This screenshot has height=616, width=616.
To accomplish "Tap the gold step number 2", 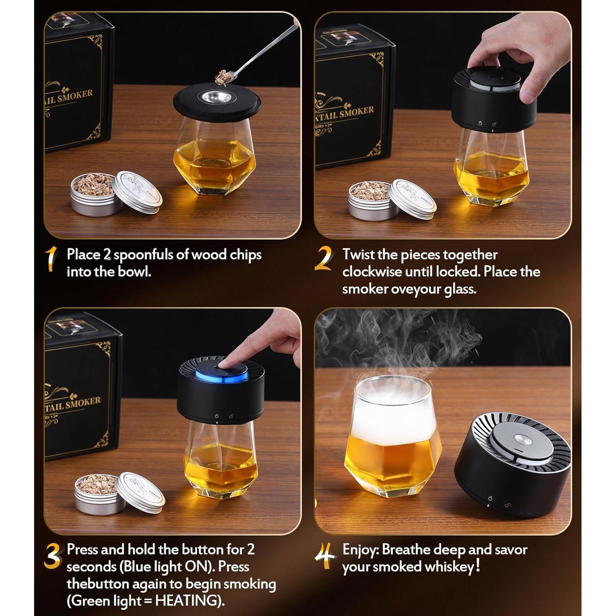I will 324,259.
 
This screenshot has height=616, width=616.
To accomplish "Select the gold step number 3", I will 52,556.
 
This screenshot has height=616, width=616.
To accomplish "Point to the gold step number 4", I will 324,556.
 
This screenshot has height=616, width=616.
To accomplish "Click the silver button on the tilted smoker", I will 523,440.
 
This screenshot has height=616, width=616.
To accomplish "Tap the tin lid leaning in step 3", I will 140,492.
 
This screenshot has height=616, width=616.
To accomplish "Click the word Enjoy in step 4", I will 360,550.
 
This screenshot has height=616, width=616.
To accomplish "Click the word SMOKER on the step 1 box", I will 75,96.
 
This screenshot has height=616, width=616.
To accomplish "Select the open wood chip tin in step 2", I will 372,200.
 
